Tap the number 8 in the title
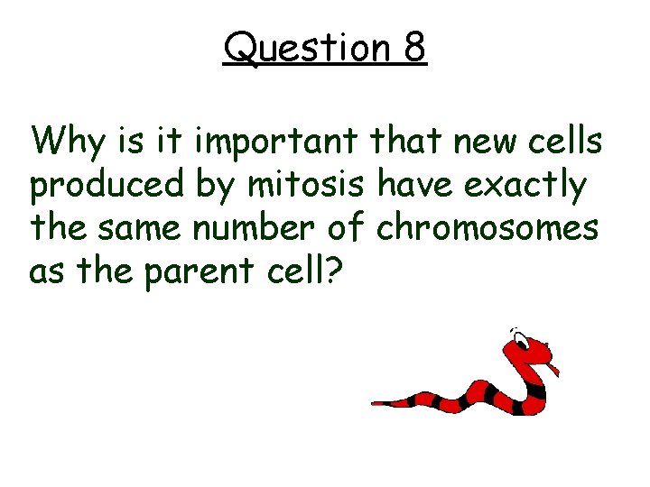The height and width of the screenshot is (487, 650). pyautogui.click(x=414, y=48)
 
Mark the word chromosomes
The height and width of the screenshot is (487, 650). pyautogui.click(x=488, y=228)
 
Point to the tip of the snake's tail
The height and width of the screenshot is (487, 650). pyautogui.click(x=376, y=403)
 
